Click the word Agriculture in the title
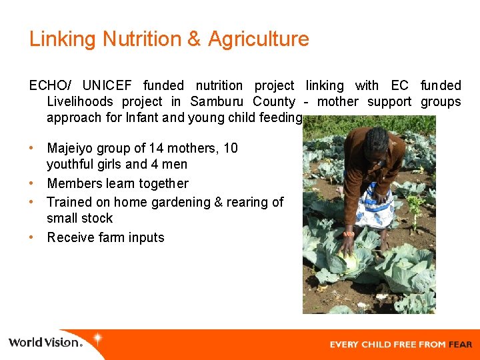coord(258,39)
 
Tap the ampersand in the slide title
coord(194,39)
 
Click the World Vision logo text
coord(45,343)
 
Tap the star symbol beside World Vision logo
coord(97,339)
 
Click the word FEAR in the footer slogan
coord(460,345)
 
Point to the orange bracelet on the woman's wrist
coord(348,234)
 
